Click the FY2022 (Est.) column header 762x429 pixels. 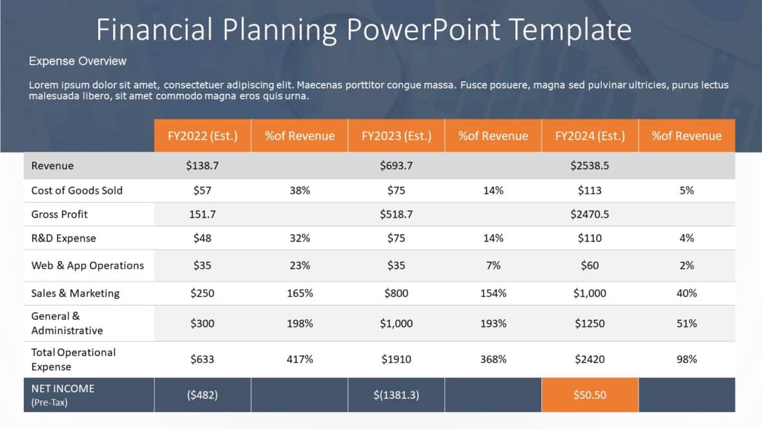click(202, 136)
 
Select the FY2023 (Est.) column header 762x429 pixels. click(396, 136)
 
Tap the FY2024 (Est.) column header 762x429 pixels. click(590, 136)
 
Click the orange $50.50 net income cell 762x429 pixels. click(590, 395)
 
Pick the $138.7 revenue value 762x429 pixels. click(202, 166)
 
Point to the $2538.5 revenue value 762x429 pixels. click(590, 166)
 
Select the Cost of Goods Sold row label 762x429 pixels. click(77, 191)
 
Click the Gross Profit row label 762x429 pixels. click(59, 214)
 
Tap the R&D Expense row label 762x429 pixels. click(63, 238)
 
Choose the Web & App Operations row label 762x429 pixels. click(87, 266)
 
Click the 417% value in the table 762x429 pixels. click(300, 359)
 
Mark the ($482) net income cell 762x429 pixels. click(202, 395)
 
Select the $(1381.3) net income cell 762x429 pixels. click(396, 395)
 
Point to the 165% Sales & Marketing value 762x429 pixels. click(300, 293)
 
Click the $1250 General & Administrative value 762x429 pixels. click(590, 324)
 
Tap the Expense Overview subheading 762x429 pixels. click(77, 61)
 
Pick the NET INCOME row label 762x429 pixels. click(63, 389)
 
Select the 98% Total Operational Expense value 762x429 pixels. click(686, 359)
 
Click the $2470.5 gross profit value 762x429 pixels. click(590, 214)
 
